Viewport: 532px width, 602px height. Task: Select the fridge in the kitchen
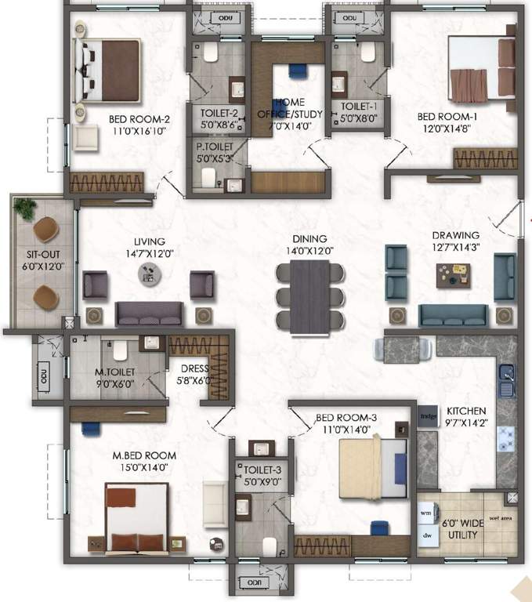428,416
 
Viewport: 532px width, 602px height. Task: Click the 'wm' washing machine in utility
427,513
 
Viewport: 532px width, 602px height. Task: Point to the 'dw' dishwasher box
427,536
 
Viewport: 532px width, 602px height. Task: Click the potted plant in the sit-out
26,209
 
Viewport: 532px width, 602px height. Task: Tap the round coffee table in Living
148,273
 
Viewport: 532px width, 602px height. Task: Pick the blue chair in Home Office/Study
297,71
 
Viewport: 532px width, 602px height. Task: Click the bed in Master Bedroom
138,518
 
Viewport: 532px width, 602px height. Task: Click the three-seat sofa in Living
149,314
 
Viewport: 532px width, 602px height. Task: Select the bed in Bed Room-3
373,469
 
